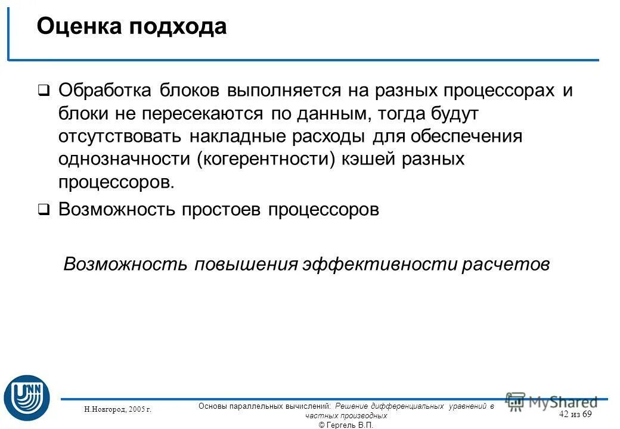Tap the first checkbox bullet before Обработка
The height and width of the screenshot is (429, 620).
(44, 91)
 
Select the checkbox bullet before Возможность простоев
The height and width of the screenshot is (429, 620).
(44, 210)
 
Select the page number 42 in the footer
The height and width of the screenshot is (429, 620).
(564, 414)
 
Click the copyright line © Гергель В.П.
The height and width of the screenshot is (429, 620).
(346, 424)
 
